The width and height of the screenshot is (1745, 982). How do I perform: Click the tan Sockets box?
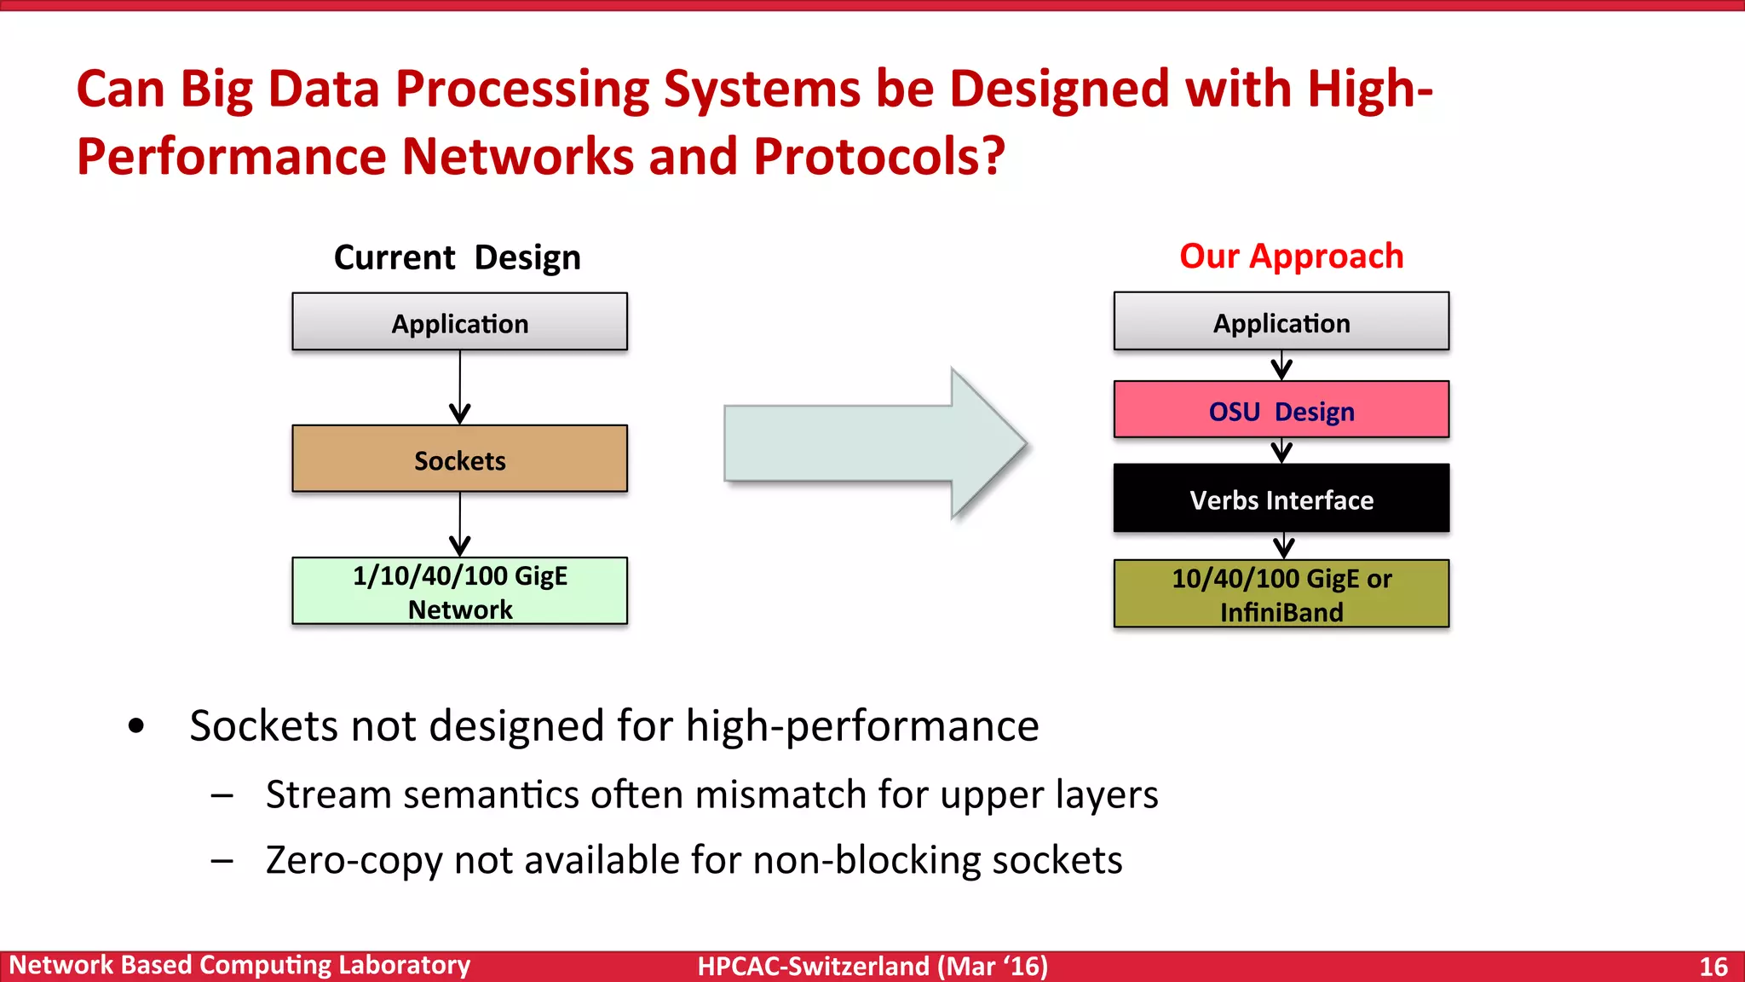(459, 459)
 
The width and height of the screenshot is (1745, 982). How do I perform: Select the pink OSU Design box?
(1281, 410)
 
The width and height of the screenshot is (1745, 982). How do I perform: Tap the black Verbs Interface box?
(1281, 499)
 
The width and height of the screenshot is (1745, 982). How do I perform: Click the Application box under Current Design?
(459, 322)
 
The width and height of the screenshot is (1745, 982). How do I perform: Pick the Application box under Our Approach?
(1281, 322)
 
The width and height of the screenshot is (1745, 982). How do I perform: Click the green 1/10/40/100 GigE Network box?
(459, 592)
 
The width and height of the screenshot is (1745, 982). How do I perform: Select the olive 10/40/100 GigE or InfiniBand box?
(1281, 594)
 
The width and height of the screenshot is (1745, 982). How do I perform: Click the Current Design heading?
(457, 257)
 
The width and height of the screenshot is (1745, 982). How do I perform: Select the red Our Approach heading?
(1291, 256)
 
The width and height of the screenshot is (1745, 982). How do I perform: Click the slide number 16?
(1713, 966)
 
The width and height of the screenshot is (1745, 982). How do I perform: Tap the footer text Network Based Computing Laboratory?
(239, 965)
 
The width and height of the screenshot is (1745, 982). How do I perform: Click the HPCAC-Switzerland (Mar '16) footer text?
(872, 966)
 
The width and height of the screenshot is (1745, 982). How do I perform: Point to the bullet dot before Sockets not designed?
(136, 726)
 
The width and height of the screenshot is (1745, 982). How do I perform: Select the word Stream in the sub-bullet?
(328, 794)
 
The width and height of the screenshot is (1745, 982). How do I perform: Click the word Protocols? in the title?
(878, 156)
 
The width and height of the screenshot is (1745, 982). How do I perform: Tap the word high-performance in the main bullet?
(861, 726)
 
